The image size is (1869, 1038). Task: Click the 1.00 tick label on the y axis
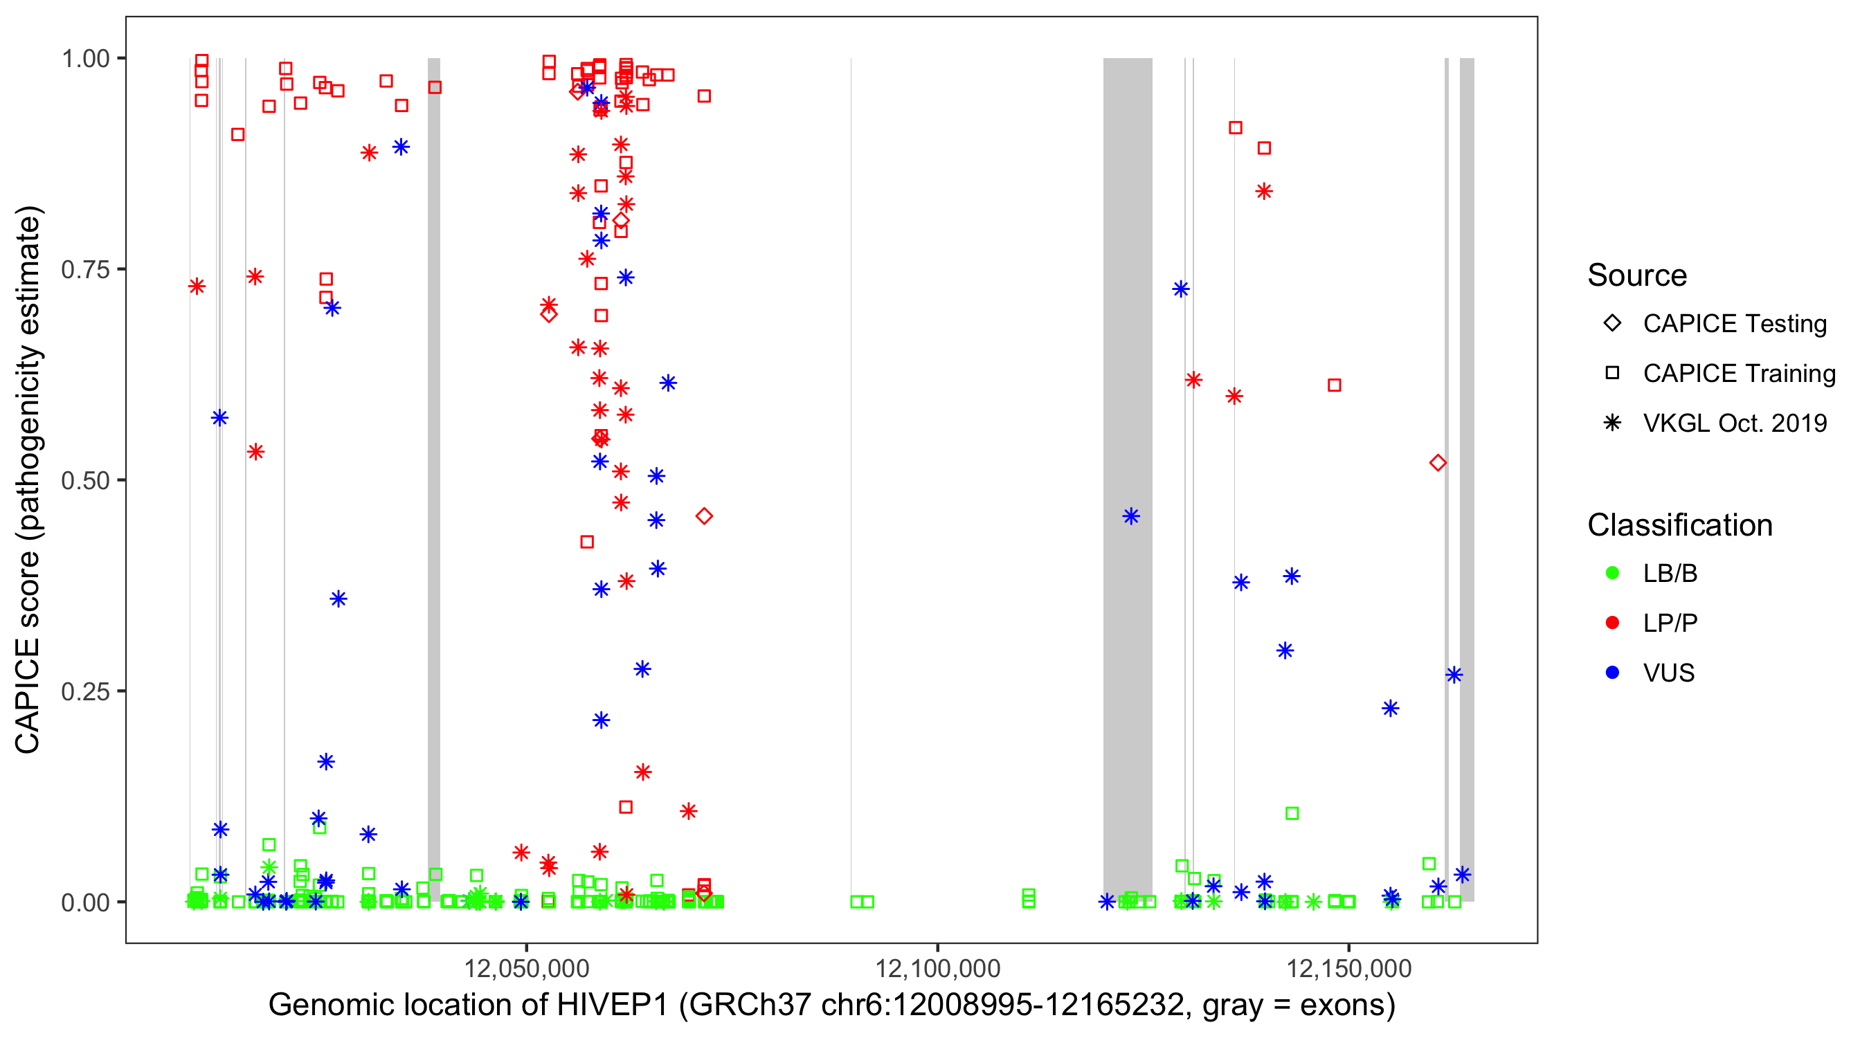point(85,58)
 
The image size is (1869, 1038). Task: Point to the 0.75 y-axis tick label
point(85,269)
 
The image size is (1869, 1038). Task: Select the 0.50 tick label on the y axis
point(85,480)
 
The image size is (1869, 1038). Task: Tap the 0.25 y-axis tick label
point(85,691)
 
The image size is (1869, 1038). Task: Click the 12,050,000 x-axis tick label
point(526,967)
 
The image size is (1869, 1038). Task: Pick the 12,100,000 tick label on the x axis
point(937,967)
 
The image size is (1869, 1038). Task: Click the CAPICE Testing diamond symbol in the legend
point(1612,322)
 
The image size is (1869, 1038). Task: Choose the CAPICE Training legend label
point(1739,373)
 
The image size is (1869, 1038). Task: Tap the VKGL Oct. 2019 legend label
point(1735,423)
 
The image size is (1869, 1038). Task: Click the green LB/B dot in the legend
point(1612,573)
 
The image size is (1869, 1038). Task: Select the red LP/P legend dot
point(1612,623)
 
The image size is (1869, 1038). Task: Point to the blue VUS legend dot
point(1612,673)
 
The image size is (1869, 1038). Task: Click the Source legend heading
point(1637,275)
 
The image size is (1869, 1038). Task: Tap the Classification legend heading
point(1679,525)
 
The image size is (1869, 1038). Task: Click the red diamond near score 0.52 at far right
point(1437,463)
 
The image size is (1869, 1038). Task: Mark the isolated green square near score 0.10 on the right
point(1292,813)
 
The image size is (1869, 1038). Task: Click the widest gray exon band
point(1128,479)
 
